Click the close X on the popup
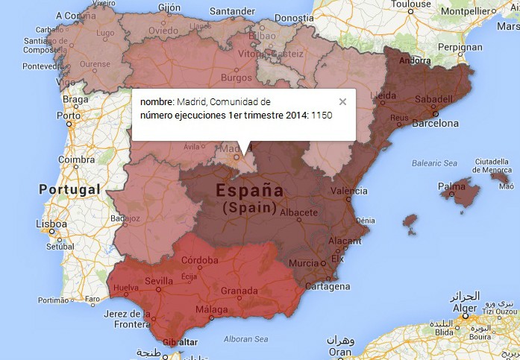click(342, 102)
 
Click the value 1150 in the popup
click(322, 116)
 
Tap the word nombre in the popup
click(156, 101)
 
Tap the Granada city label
click(240, 291)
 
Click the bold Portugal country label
click(69, 189)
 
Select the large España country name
click(250, 191)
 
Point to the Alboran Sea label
click(245, 339)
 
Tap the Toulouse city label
click(410, 4)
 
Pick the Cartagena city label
click(328, 286)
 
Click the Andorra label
click(416, 60)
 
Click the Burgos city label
click(236, 77)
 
